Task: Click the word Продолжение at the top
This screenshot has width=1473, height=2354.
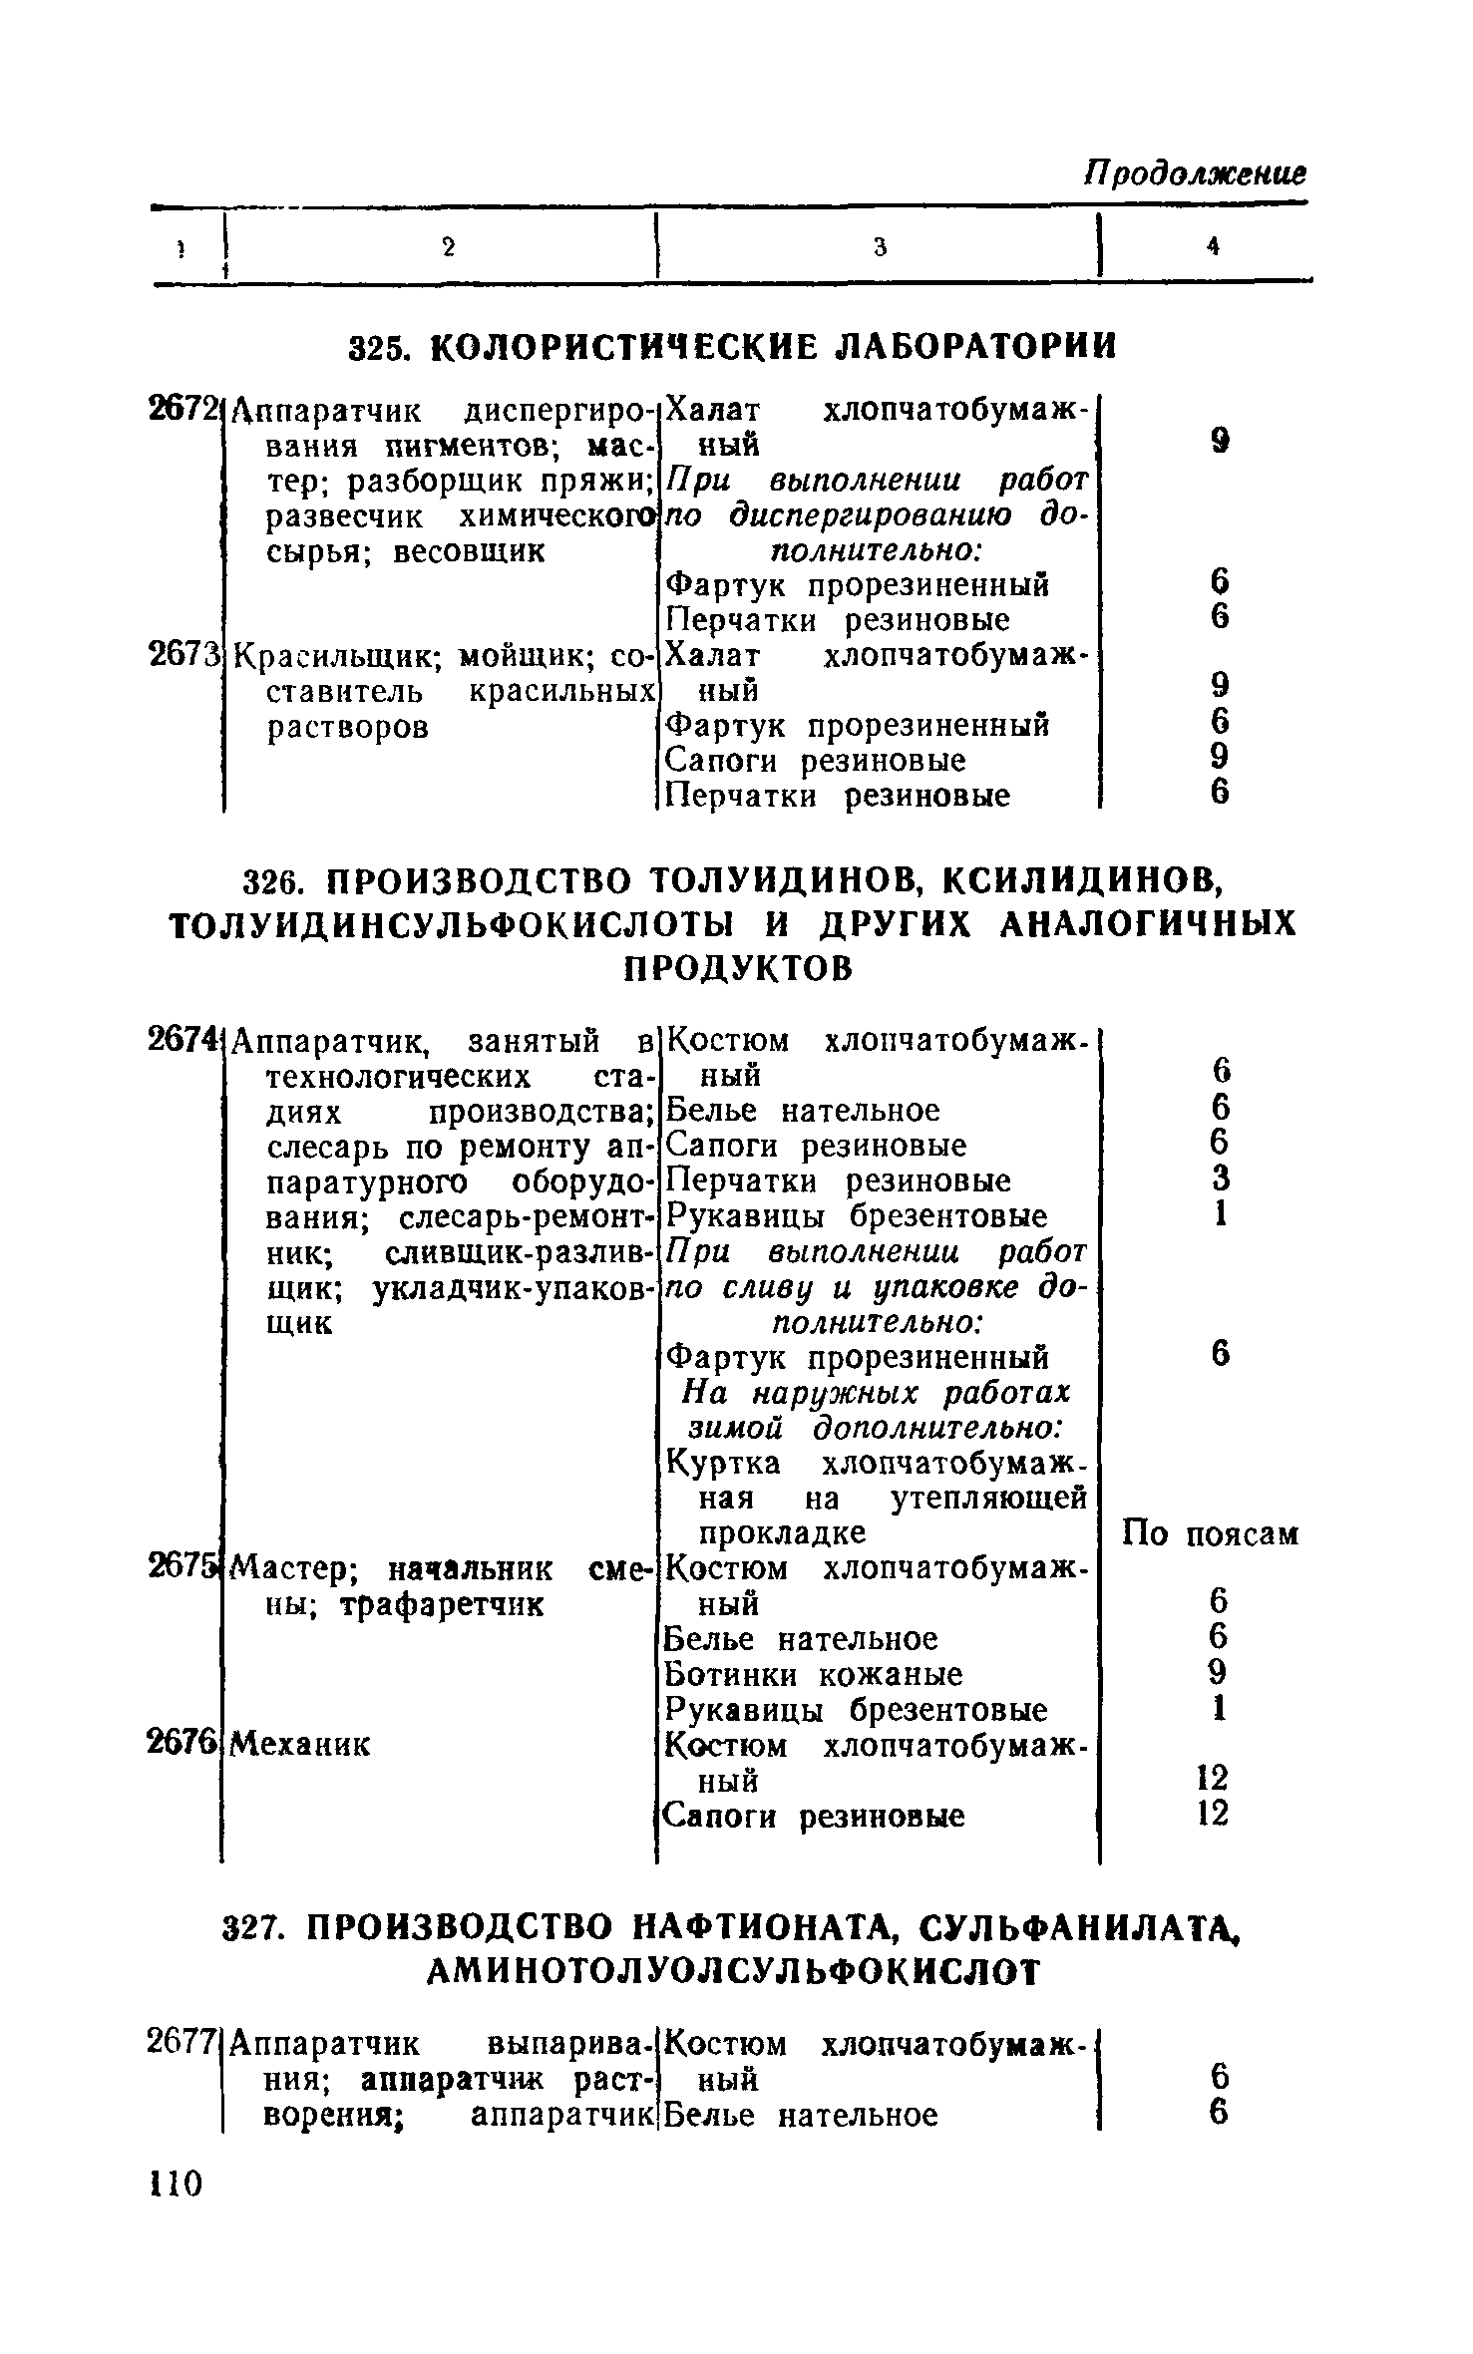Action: tap(1195, 173)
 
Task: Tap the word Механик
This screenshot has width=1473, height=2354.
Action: tap(299, 1744)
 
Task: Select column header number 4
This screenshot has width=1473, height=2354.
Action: tap(1213, 247)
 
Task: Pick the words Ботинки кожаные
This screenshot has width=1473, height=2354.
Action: tap(814, 1674)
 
